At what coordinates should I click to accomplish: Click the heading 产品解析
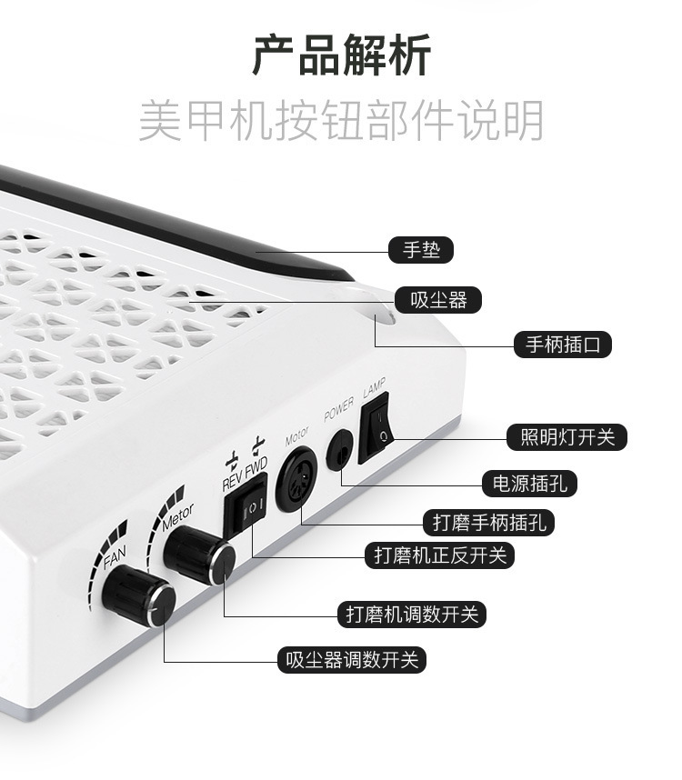tap(341, 55)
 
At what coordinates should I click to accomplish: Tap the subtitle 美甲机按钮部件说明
tap(341, 121)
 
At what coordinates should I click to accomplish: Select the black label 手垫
tap(420, 249)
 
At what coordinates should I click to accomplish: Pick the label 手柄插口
tap(563, 345)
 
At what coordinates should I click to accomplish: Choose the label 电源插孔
tap(529, 483)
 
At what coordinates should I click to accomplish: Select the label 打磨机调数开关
tap(412, 614)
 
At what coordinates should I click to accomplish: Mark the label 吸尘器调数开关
tap(353, 660)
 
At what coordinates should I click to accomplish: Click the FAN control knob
tap(138, 596)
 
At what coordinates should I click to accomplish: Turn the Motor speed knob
tap(198, 555)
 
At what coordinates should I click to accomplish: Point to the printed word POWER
tap(338, 405)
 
